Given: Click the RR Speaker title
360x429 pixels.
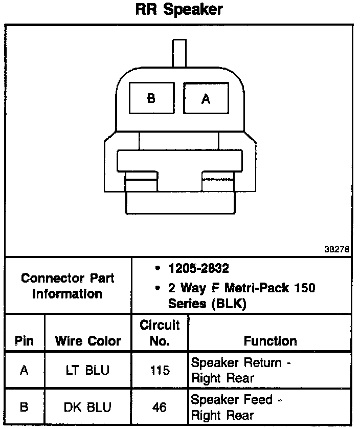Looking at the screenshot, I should tap(179, 10).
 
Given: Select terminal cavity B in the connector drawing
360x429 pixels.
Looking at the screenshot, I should tap(151, 99).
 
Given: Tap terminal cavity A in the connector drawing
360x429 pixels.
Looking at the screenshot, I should tap(206, 99).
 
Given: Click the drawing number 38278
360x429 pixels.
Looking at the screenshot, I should tap(337, 250).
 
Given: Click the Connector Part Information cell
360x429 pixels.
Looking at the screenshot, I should tap(67, 286).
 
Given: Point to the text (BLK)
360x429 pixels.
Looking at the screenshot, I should tap(229, 304).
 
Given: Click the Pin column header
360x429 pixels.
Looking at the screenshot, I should tap(25, 341).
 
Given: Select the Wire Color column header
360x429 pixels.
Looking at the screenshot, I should tap(88, 341).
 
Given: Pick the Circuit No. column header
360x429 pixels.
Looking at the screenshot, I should tap(160, 333).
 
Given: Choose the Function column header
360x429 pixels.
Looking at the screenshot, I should tap(270, 341).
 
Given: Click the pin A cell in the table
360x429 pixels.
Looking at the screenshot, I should tap(24, 370).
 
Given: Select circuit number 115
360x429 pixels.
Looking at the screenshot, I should tap(160, 370).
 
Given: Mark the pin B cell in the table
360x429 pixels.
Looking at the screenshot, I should tap(24, 407).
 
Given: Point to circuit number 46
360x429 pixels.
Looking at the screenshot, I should tap(160, 407).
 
